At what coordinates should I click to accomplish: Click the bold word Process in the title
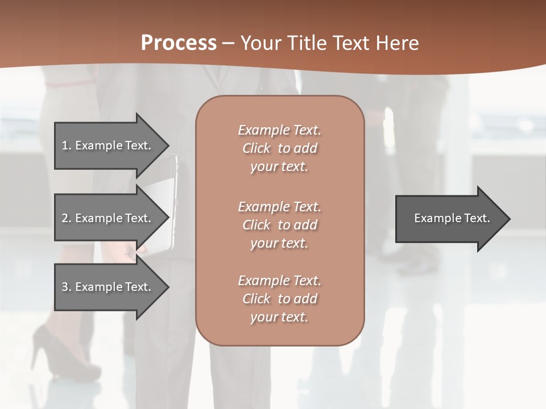pos(179,43)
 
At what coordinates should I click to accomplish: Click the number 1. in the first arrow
pos(67,145)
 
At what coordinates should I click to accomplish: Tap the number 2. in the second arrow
pos(67,218)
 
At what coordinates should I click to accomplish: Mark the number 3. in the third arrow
pos(67,287)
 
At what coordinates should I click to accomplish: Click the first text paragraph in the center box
pos(279,148)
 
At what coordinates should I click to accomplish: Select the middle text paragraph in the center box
pos(279,224)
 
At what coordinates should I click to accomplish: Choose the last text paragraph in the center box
pos(279,299)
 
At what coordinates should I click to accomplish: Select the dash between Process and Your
pos(228,44)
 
